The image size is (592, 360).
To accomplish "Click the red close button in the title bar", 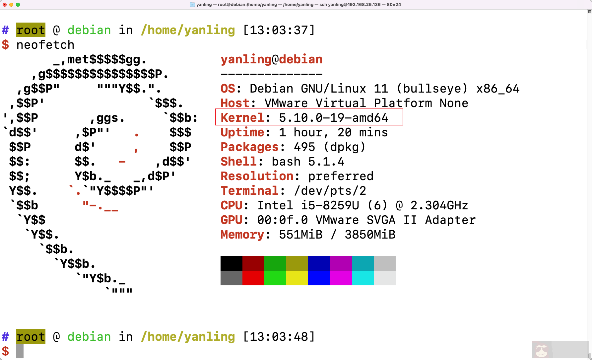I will click(5, 5).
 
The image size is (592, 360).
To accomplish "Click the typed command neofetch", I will click(45, 45).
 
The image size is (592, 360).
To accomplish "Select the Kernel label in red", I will click(242, 118).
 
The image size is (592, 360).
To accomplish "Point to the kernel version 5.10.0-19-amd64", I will click(333, 118).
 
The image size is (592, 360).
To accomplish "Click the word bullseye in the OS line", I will click(432, 89).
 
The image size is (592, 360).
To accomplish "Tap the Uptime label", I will click(242, 132).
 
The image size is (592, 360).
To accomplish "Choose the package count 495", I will click(304, 147).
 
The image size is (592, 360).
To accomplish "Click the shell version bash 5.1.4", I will click(308, 162).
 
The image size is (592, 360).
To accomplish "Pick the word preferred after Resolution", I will click(341, 176).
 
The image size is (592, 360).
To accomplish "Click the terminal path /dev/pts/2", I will click(330, 191).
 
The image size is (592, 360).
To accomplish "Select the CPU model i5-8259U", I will click(330, 205).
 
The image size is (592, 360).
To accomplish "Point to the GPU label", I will click(231, 220).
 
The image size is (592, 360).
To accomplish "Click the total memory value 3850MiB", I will click(370, 235).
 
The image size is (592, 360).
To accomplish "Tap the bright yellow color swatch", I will click(297, 278).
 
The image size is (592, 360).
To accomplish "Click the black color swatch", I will click(231, 263).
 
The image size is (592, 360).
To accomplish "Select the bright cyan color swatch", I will click(363, 278).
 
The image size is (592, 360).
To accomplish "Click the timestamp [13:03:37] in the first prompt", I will click(279, 30).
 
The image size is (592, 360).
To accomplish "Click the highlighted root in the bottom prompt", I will click(31, 337).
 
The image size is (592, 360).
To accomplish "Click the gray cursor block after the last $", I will click(20, 351).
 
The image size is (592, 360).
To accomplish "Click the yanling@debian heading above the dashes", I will click(271, 59).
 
